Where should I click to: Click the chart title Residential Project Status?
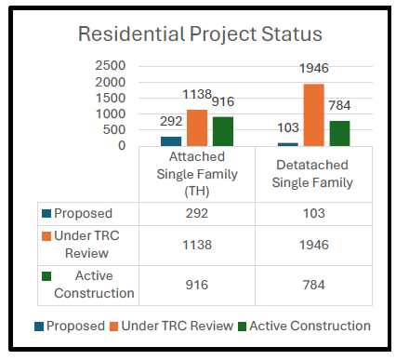(x=200, y=34)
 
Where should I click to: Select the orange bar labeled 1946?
(x=313, y=114)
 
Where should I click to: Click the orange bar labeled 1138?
(x=197, y=127)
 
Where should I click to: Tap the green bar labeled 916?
(x=222, y=131)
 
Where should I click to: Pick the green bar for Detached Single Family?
(x=339, y=133)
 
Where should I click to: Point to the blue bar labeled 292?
(x=172, y=140)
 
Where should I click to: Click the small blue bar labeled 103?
(x=288, y=143)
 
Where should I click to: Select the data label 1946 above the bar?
(x=313, y=68)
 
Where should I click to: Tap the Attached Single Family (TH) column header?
(x=197, y=174)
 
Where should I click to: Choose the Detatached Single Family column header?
(x=313, y=174)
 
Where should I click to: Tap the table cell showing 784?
(x=313, y=285)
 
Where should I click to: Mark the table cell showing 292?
(x=197, y=213)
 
